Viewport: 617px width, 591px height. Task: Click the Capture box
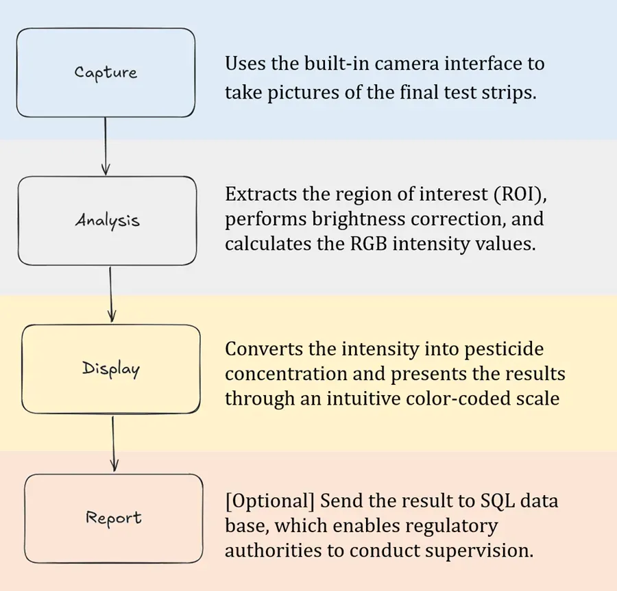point(106,73)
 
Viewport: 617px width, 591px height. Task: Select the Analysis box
point(107,221)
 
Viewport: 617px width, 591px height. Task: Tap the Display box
point(110,369)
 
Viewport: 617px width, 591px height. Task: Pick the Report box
point(114,518)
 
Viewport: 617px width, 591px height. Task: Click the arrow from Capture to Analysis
point(105,146)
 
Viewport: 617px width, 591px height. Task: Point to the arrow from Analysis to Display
point(111,294)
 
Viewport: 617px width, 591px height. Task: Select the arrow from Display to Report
point(114,444)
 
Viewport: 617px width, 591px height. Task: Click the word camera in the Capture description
point(407,64)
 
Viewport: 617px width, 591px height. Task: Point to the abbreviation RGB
point(369,244)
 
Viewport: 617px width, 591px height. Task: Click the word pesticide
point(504,349)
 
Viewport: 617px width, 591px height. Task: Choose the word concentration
point(286,374)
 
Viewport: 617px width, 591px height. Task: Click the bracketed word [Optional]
point(270,501)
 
